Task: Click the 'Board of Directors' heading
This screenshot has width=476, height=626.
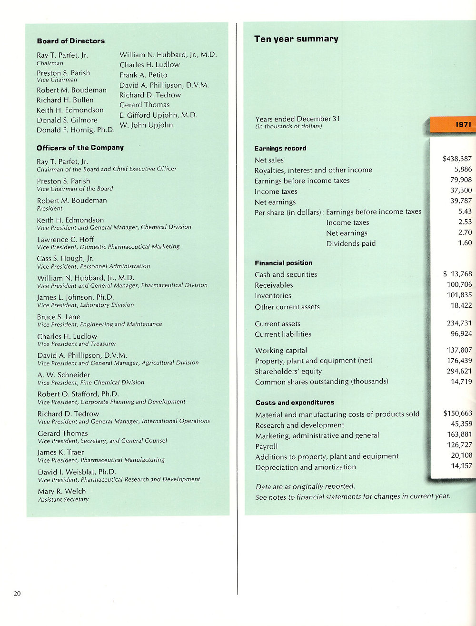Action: tap(70, 41)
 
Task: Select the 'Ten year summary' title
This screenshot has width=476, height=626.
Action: tap(296, 39)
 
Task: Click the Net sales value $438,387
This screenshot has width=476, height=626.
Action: tap(457, 159)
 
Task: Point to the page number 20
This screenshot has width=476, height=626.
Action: tap(17, 594)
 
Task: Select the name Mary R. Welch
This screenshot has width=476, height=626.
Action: tap(62, 491)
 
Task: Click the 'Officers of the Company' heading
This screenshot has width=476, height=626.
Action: tap(80, 148)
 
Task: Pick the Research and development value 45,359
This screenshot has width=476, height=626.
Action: tap(461, 424)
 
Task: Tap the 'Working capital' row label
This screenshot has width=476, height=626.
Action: tap(281, 350)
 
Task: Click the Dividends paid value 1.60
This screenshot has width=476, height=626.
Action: tap(465, 243)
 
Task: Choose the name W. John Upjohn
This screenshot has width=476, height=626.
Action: tap(146, 125)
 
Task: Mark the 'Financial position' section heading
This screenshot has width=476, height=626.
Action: tap(283, 263)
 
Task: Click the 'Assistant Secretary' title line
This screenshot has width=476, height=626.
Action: tap(63, 499)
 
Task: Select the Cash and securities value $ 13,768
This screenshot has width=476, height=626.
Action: tap(457, 274)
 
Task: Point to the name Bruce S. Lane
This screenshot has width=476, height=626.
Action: tap(59, 317)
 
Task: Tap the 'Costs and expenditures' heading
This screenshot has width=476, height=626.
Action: tap(295, 403)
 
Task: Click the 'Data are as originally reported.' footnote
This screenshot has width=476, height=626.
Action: tap(305, 486)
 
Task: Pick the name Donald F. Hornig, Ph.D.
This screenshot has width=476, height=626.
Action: tap(75, 130)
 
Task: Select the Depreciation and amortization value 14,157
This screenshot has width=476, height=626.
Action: tap(461, 466)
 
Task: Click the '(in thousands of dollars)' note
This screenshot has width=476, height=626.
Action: tap(288, 126)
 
